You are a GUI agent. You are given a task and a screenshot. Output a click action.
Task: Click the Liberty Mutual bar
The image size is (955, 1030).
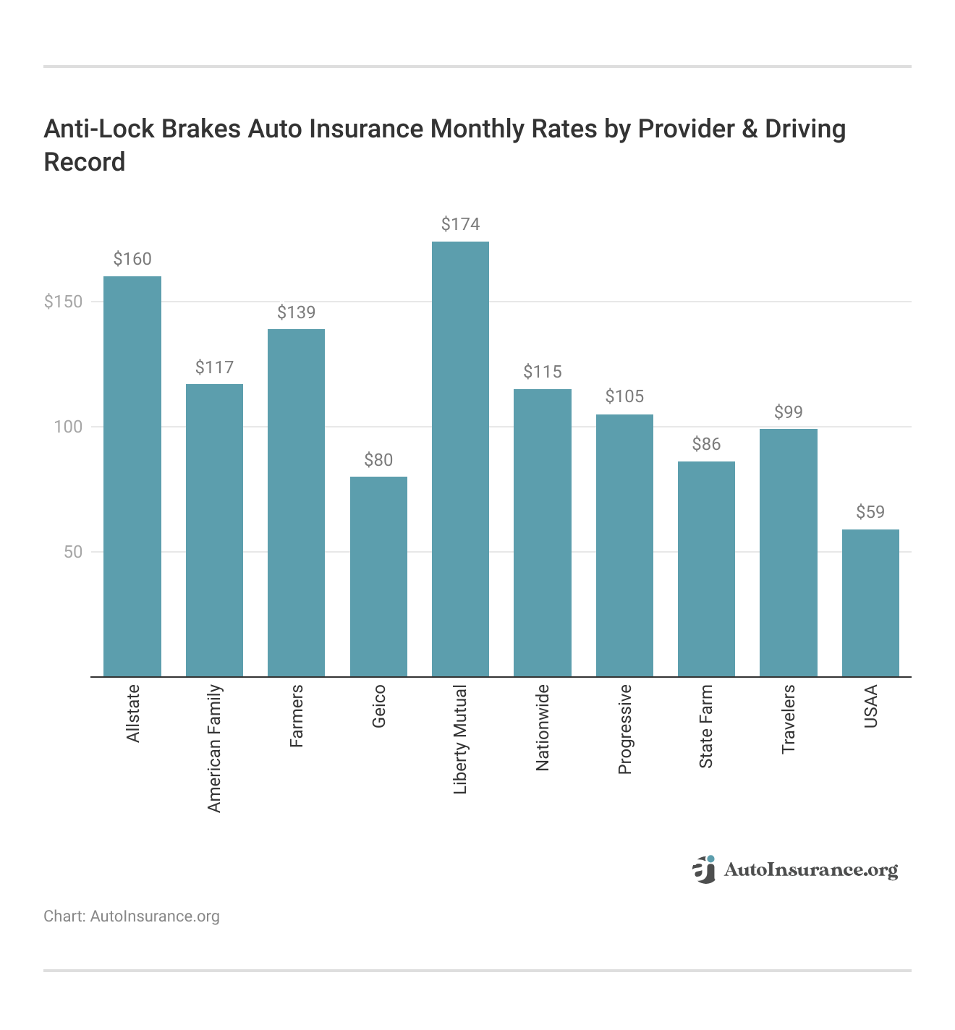point(460,459)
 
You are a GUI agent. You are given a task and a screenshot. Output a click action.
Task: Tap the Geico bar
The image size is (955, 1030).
point(378,576)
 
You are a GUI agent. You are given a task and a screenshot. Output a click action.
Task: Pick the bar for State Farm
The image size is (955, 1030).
point(706,569)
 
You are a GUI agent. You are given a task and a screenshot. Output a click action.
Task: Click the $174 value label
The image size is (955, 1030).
point(460,224)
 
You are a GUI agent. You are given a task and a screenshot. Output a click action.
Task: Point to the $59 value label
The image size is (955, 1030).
point(870,512)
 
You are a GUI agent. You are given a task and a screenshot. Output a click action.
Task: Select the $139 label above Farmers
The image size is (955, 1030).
point(297,312)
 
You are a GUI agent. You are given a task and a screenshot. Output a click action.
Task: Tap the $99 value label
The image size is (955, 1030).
point(789,412)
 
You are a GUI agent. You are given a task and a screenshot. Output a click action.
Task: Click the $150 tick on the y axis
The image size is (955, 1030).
point(64,302)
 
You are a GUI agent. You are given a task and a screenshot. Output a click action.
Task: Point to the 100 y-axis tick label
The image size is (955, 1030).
point(68,427)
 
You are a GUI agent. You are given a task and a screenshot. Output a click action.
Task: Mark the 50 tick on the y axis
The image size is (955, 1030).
point(72,552)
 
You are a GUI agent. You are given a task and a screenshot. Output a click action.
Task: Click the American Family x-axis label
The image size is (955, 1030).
point(214,748)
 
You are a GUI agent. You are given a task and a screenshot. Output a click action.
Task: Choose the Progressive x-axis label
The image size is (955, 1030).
point(625,729)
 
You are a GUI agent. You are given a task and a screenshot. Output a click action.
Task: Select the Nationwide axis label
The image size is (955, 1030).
point(543,727)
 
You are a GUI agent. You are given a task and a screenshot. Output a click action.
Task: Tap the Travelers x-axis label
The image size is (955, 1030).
point(789,719)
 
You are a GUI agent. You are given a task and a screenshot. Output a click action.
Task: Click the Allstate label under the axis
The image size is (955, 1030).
point(132,713)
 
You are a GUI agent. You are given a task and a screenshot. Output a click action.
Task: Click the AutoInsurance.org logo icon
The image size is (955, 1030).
point(703,869)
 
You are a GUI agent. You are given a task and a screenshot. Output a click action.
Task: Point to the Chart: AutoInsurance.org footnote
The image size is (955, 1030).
point(132,916)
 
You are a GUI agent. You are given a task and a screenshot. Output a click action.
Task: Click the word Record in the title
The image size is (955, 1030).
point(85,162)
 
